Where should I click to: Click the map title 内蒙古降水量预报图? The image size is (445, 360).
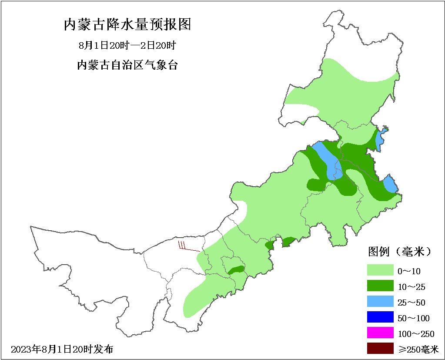[x=127, y=24]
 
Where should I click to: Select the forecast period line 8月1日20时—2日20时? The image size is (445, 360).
[x=127, y=46]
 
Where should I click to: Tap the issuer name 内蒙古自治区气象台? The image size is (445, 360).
[x=127, y=66]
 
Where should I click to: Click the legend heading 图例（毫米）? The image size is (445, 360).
[x=400, y=252]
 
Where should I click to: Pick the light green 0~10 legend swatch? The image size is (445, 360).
[x=380, y=271]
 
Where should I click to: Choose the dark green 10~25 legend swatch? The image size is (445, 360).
[x=380, y=286]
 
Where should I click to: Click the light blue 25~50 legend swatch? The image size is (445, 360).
[x=380, y=302]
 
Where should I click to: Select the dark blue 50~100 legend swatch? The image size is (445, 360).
[x=380, y=318]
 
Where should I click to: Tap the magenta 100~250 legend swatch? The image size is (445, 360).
[x=380, y=333]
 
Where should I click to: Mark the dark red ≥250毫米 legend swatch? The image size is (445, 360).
[x=380, y=349]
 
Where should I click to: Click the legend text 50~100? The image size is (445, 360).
[x=413, y=318]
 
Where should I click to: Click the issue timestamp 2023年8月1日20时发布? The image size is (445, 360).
[x=62, y=349]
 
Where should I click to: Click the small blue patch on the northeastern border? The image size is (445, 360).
[x=381, y=138]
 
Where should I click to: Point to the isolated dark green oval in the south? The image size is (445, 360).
[x=236, y=270]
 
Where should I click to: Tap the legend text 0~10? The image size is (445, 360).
[x=409, y=271]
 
